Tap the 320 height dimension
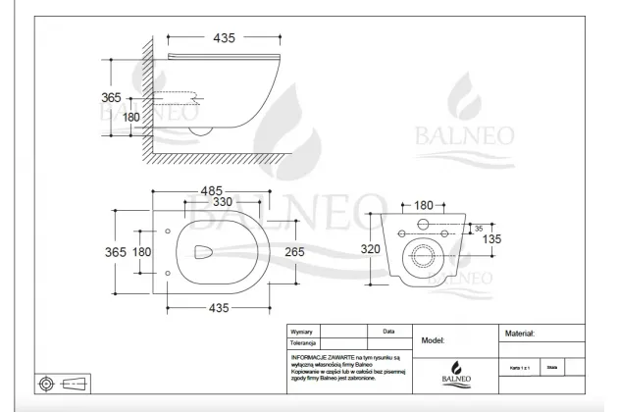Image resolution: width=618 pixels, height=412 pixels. click(370, 249)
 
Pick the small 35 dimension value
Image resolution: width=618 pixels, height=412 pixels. click(477, 228)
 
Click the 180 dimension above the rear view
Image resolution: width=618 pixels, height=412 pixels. click(423, 205)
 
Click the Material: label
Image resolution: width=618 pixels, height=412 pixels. click(520, 334)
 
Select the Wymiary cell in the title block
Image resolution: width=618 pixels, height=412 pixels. click(303, 332)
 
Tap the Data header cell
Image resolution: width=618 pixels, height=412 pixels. click(389, 332)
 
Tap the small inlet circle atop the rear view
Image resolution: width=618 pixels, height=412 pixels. click(424, 225)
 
